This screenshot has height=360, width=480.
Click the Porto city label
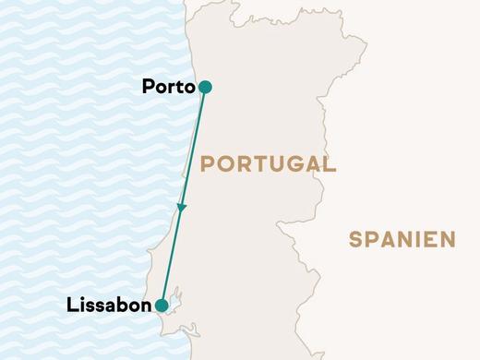[168, 87]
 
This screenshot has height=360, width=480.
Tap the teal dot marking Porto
[205, 87]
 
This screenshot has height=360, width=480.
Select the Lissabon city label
[110, 305]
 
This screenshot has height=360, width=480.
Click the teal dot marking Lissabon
[162, 306]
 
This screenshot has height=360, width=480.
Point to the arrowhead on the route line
[183, 210]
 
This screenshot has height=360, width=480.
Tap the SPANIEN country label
[402, 241]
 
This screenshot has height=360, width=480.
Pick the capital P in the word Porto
[149, 87]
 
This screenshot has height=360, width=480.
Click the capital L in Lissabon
[73, 305]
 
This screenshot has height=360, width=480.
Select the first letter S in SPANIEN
[356, 241]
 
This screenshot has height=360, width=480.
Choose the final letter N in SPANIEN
[449, 241]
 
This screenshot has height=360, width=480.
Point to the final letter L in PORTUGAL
[329, 165]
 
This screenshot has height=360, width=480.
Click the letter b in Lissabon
[120, 305]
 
